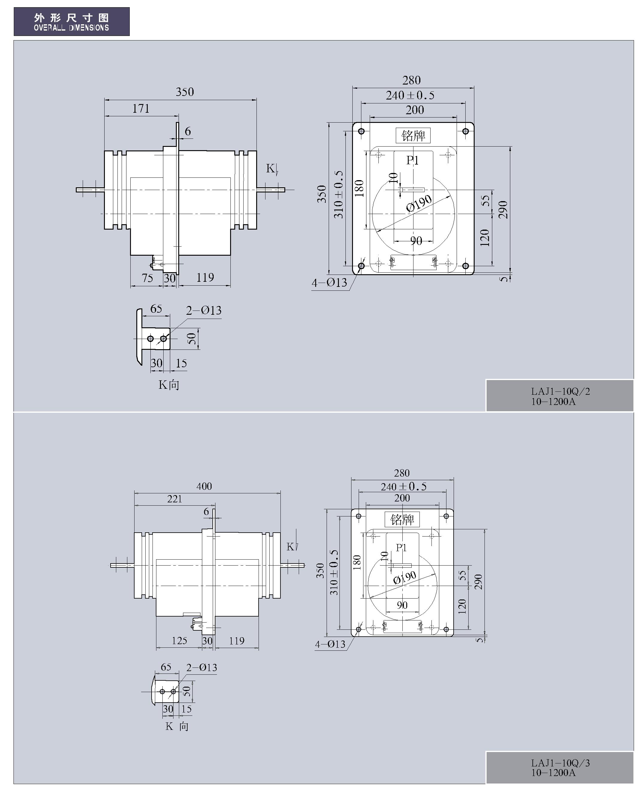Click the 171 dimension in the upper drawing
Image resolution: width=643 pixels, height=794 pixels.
click(x=141, y=109)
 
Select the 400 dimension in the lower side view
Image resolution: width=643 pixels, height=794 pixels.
click(x=204, y=486)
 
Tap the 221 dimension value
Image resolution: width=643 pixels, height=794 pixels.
click(x=174, y=499)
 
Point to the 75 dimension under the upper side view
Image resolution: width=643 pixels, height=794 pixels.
click(x=147, y=278)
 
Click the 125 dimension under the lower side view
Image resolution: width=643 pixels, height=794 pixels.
click(x=179, y=641)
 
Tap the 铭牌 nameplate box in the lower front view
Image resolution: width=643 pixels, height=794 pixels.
click(x=402, y=519)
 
